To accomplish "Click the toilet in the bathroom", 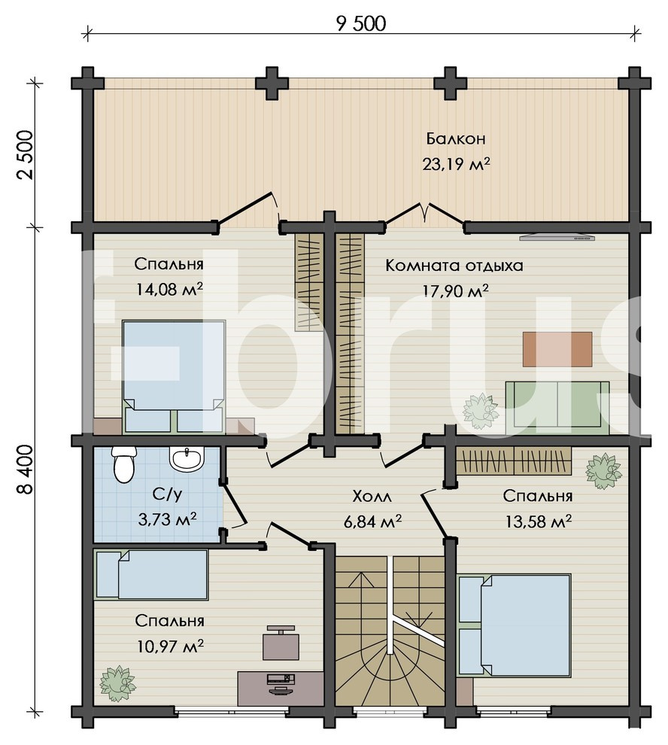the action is tap(123, 464).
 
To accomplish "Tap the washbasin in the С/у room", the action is tap(187, 459).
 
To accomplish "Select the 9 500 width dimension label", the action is tap(361, 24).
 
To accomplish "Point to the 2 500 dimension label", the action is tap(25, 154).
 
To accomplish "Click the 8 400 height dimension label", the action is tap(25, 470).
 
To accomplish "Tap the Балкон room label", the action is tap(456, 138).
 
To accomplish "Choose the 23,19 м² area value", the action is tap(456, 164).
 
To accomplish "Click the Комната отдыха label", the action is tap(454, 265).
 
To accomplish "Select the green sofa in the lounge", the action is tap(557, 408).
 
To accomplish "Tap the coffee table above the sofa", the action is tap(557, 349).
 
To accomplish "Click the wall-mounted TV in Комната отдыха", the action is tap(557, 237).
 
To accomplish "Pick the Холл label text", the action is tap(372, 497).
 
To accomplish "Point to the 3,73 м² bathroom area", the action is tap(168, 519).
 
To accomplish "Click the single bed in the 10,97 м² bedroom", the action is tap(151, 574).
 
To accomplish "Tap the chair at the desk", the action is tap(281, 643).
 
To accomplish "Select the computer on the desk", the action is tap(281, 684).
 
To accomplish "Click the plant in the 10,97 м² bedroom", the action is tap(117, 683).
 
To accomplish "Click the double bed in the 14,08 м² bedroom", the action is tap(174, 376).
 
